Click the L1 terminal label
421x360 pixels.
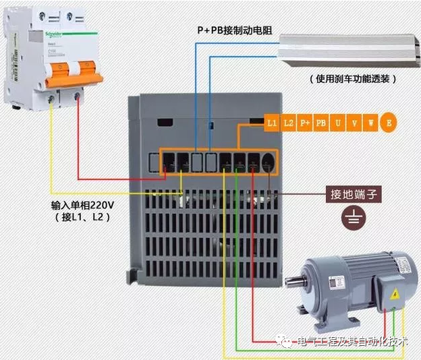(272, 123)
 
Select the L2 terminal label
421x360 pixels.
(289, 123)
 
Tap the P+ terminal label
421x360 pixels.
(305, 123)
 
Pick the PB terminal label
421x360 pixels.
(322, 123)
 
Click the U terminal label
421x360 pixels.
(338, 123)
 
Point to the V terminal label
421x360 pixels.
(355, 123)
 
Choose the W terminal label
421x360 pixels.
(371, 123)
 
